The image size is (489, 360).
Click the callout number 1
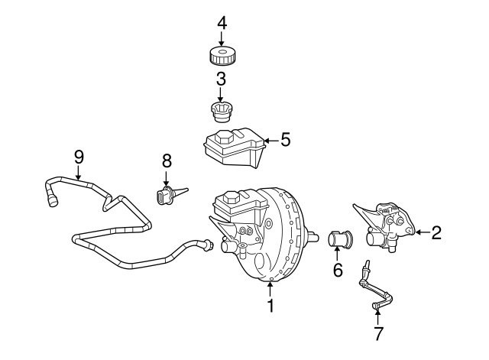click(270, 306)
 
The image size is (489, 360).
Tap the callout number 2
click(436, 233)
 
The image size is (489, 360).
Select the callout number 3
click(221, 78)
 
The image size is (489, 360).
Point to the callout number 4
click(222, 22)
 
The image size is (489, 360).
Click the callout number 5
click(285, 140)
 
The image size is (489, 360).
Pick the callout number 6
click(337, 271)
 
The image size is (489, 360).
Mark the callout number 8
click(167, 162)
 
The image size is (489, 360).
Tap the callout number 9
click(78, 156)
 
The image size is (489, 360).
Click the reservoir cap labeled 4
click(222, 56)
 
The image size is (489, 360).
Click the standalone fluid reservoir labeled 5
click(231, 149)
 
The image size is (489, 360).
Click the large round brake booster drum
click(287, 229)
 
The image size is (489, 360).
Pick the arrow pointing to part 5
click(270, 140)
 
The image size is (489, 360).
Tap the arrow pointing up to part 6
click(337, 255)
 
